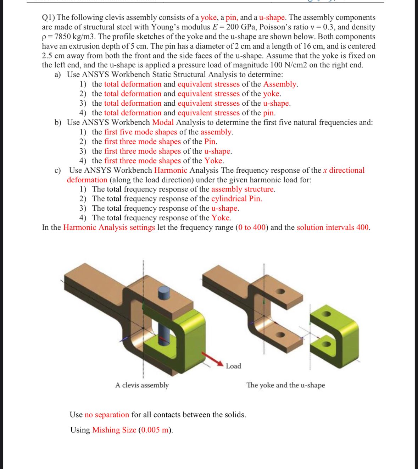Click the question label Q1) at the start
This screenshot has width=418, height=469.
click(48, 17)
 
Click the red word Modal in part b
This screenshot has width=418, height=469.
click(163, 122)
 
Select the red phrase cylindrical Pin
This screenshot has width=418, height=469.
click(236, 199)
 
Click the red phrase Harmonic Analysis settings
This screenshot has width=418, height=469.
click(109, 227)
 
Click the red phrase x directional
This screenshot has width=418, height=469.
click(344, 170)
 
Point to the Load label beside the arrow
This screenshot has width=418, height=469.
click(233, 366)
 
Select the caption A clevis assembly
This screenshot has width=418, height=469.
click(142, 385)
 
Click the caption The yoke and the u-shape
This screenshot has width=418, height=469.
click(285, 385)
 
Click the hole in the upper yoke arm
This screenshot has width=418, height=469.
click(280, 292)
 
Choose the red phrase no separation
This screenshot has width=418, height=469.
click(107, 415)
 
